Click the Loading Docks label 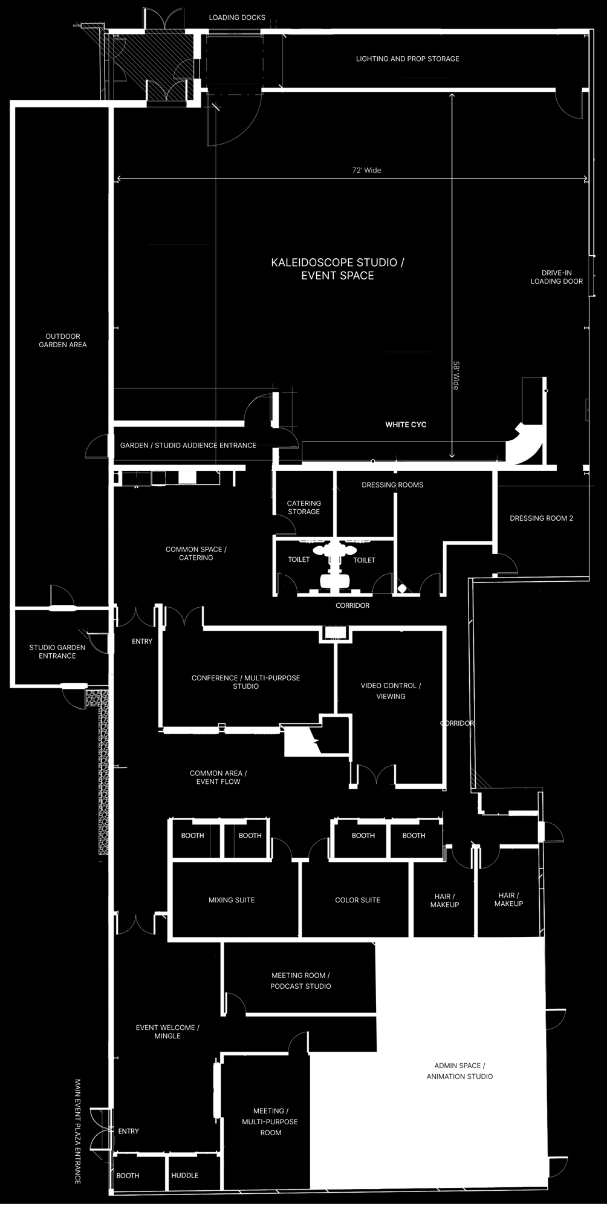point(237,18)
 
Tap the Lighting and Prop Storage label point(407,59)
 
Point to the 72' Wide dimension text point(367,171)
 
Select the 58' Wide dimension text point(456,376)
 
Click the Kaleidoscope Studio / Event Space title point(338,269)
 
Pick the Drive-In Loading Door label point(557,277)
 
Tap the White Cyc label point(406,425)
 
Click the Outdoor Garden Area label point(63,341)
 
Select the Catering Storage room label point(303,507)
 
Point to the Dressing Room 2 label point(541,518)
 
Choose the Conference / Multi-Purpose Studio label point(245,682)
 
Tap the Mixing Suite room point(232,900)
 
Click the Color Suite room point(357,900)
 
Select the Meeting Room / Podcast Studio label point(300,981)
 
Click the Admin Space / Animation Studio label point(459,1071)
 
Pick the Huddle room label point(184,1175)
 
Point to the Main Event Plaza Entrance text point(78,1131)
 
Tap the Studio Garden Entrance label point(57,651)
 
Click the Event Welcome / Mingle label point(167,1032)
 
